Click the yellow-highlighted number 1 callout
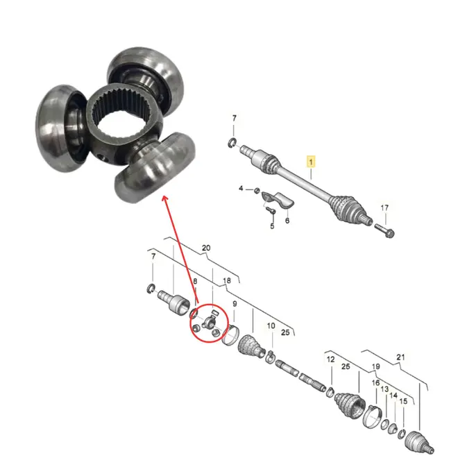pos(311,162)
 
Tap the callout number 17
pos(384,207)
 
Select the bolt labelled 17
pos(384,230)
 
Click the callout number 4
pos(241,188)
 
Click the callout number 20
pos(206,248)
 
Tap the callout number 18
pos(227,280)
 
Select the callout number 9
pos(235,304)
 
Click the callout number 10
pos(271,325)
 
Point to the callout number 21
pos(400,357)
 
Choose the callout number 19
pos(375,366)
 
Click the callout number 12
pos(330,359)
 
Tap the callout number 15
pos(403,401)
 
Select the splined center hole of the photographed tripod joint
pos(124,120)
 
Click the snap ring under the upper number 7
pos(231,143)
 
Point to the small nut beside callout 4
pos(257,190)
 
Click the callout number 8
pos(195,281)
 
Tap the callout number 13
pos(384,389)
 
